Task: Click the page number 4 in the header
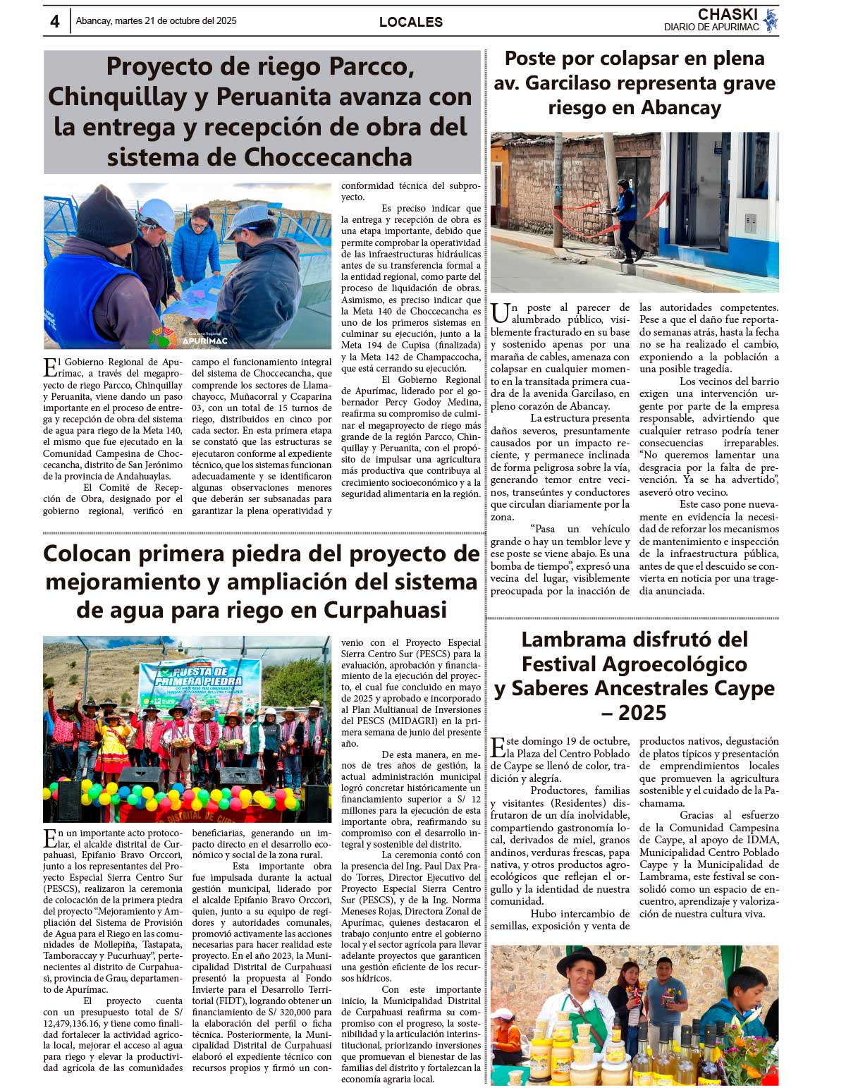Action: click(55, 21)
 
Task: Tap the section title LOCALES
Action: click(411, 22)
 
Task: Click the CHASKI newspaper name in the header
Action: click(728, 15)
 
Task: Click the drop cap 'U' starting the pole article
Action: click(499, 314)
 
